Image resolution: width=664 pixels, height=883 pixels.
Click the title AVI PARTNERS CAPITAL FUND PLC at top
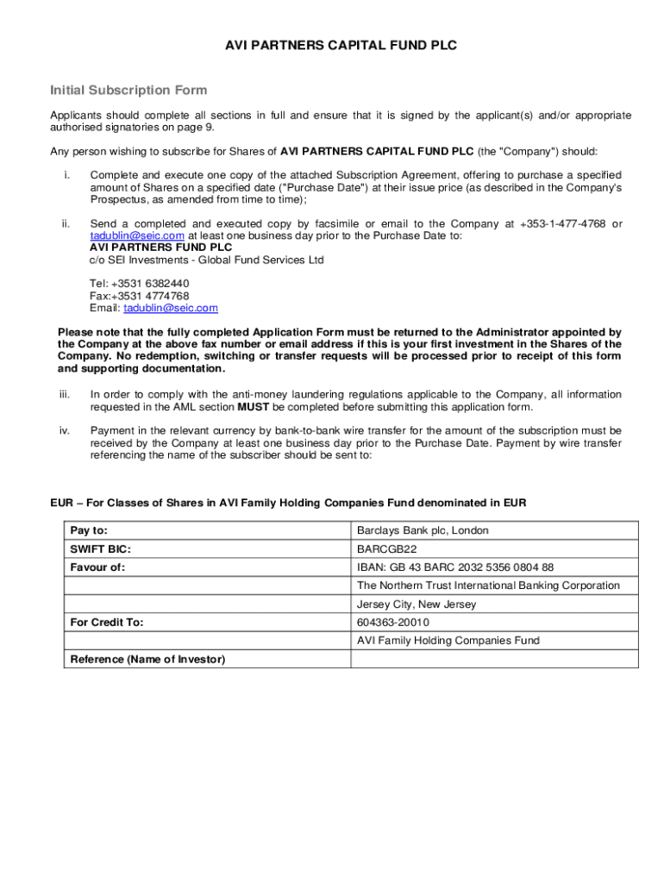point(332,46)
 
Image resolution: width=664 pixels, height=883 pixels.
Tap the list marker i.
point(66,175)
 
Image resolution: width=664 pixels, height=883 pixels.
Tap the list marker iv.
point(65,430)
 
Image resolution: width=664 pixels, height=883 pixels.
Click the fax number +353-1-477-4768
point(563,224)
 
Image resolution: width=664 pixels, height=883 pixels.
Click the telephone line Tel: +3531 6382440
point(140,284)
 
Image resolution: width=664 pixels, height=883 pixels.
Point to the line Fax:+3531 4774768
point(140,296)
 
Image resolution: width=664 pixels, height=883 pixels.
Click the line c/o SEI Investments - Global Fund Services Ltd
point(206,260)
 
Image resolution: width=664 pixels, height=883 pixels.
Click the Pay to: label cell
point(89,530)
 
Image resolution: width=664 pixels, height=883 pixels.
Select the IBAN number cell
point(455,567)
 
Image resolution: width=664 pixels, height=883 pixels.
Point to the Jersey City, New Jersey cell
point(417,604)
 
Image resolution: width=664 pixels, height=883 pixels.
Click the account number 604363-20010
point(393,623)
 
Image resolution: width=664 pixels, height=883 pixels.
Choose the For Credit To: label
point(107,623)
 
